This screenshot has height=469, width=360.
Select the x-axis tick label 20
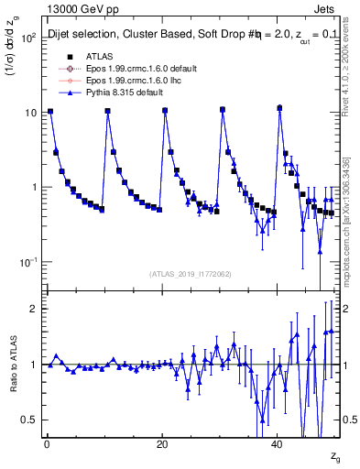pos(162,444)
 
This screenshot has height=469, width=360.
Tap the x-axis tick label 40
pos(278,444)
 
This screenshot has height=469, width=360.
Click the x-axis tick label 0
pos(46,444)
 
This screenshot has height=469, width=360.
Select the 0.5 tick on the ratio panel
pos(29,420)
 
